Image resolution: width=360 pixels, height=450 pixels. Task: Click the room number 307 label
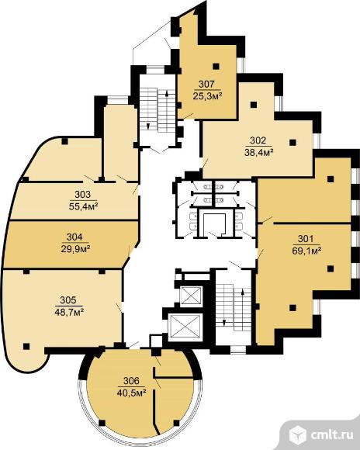[206, 85]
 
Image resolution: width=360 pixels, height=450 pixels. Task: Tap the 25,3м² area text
[208, 96]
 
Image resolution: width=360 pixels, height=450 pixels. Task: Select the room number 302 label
[258, 140]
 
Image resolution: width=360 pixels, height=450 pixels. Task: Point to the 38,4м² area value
[258, 152]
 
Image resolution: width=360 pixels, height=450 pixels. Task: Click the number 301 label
[306, 239]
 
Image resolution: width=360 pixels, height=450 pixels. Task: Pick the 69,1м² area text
[306, 251]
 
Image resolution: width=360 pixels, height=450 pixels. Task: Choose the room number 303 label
[82, 195]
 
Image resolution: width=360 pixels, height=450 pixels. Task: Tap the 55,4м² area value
[83, 206]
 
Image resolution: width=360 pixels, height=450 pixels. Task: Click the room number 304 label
[74, 237]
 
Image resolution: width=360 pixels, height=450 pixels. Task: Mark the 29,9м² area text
[75, 248]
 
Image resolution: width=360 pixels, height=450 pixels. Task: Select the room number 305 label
[68, 300]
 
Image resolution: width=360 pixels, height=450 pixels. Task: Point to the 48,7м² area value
[69, 312]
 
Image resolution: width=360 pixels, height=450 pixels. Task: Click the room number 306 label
[131, 381]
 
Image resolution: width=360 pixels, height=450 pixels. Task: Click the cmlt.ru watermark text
[332, 435]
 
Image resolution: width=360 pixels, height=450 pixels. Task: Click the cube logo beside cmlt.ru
[298, 434]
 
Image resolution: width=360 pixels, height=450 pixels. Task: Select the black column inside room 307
[216, 66]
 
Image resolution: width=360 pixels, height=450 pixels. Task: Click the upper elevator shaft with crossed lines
[191, 296]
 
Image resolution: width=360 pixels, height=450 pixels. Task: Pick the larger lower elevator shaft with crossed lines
[185, 327]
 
